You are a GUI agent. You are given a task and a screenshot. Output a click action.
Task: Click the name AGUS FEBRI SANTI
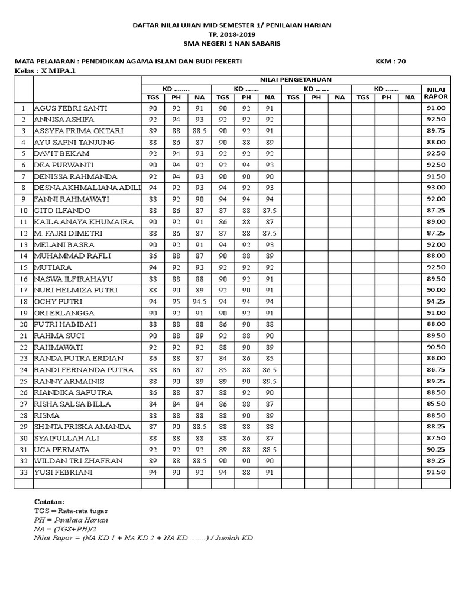point(70,108)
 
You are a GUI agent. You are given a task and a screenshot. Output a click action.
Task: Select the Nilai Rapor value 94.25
point(436,302)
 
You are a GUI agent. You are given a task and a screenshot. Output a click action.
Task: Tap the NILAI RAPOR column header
point(436,93)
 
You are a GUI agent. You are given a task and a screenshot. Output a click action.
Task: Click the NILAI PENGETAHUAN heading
point(293,79)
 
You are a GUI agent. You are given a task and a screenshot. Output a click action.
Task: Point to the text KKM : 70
point(390,61)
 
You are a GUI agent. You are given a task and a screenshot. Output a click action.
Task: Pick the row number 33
point(24,472)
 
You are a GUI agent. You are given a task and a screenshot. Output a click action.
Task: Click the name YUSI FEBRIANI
point(63,472)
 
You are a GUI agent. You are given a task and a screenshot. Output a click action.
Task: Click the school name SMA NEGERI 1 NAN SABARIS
point(231,44)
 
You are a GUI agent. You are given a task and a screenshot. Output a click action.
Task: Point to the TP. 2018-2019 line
point(231,34)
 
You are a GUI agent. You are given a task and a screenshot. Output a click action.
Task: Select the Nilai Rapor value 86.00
point(436,359)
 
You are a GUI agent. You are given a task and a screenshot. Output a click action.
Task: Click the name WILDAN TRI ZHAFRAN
point(78,461)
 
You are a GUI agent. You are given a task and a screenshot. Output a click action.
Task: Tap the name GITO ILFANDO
point(62,211)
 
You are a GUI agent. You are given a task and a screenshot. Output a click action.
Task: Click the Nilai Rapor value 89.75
point(436,131)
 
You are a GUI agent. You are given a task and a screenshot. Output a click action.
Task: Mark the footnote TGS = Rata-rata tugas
point(70,510)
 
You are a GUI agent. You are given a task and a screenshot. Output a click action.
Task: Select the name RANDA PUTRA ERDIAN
point(79,359)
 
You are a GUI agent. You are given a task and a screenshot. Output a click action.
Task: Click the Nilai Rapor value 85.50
point(436,404)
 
